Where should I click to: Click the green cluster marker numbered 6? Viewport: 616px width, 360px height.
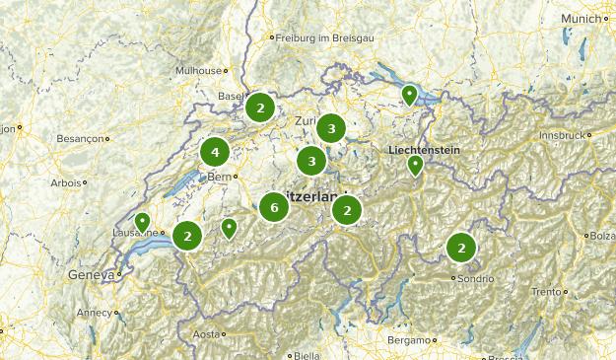(274, 207)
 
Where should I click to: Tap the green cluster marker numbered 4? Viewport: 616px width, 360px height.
(215, 153)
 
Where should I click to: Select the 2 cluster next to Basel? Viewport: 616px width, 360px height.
(259, 107)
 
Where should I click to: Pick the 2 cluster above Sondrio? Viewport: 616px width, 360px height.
(460, 248)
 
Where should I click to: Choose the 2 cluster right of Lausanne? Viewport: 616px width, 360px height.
(187, 236)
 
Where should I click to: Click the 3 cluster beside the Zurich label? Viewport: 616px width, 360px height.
(331, 128)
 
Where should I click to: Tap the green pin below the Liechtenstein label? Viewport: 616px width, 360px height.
(415, 166)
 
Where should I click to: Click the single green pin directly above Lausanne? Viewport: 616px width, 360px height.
(143, 222)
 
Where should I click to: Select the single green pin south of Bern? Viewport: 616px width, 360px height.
(229, 228)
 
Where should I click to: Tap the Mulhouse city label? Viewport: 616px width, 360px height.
(198, 71)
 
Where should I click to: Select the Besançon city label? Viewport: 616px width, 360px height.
(80, 139)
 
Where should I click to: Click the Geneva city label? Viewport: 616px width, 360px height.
(91, 275)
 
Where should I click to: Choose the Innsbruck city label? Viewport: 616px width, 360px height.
(561, 135)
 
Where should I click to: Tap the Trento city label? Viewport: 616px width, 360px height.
(546, 292)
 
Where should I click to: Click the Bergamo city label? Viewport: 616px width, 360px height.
(409, 340)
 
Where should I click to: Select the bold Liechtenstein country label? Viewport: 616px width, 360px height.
(425, 149)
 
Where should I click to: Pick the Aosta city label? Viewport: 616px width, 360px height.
(206, 334)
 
